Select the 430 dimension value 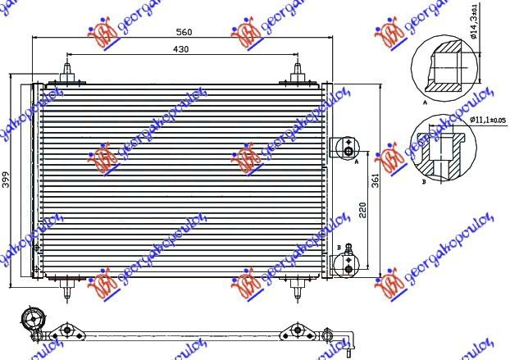pos(182,49)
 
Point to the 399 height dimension pos(7,180)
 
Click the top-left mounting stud pos(67,72)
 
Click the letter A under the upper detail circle pos(426,103)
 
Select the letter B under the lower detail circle pos(422,183)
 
